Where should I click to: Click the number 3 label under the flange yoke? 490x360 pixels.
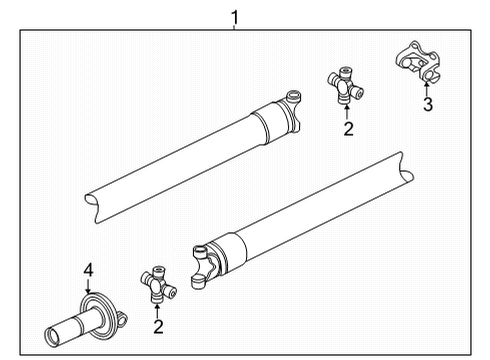(x=427, y=105)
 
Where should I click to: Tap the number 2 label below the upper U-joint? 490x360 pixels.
(x=347, y=128)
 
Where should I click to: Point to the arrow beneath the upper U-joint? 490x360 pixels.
(x=347, y=110)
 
